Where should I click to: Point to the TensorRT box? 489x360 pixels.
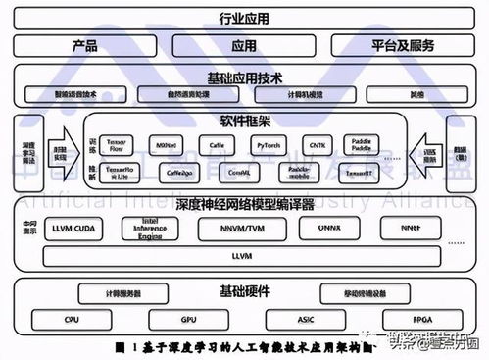[361, 172]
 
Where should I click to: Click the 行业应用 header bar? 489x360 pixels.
[244, 19]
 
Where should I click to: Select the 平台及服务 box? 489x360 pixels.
[403, 45]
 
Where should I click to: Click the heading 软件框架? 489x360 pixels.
[244, 120]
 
